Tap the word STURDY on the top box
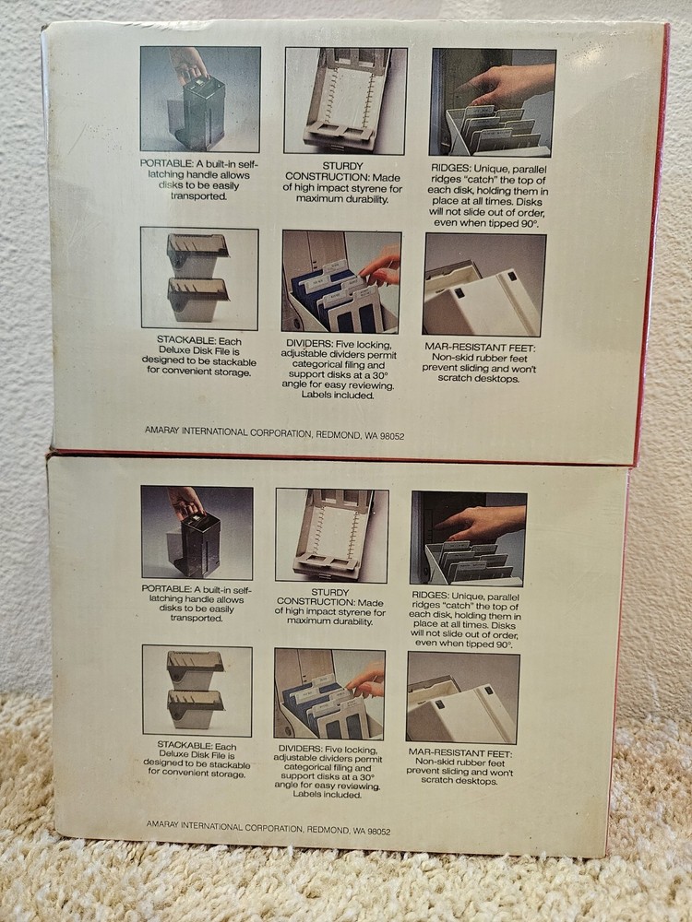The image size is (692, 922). [x=342, y=166]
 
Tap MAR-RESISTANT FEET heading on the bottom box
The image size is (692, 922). [x=460, y=753]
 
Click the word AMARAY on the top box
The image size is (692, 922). [x=161, y=431]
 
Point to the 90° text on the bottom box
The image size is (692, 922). [x=504, y=644]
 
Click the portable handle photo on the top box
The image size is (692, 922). [x=200, y=100]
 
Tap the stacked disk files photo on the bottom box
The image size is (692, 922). [x=197, y=691]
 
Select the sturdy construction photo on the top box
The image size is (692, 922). [x=345, y=101]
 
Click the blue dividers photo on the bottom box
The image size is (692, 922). [x=329, y=694]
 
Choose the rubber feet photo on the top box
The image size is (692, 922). [x=484, y=285]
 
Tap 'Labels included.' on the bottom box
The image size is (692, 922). [x=328, y=795]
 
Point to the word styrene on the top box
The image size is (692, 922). [x=368, y=188]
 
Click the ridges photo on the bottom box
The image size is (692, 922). [x=469, y=538]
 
